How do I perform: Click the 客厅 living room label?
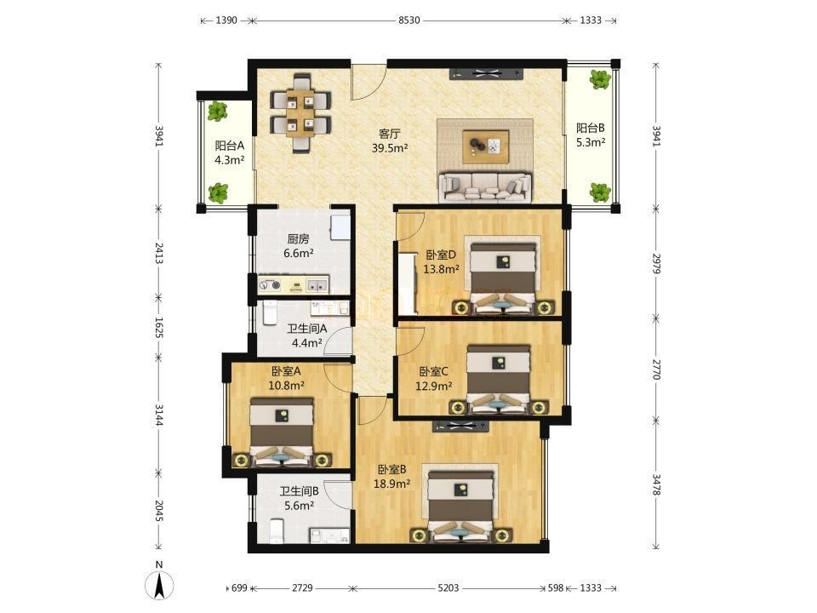(x=389, y=134)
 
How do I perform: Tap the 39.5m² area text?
(x=390, y=148)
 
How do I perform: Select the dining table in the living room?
(x=300, y=112)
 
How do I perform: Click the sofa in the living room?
(x=484, y=187)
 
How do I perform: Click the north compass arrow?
(x=159, y=585)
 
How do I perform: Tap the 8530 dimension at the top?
(x=409, y=20)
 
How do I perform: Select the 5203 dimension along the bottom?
(x=448, y=588)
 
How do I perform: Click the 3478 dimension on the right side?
(x=656, y=484)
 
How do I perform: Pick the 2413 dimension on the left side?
(x=159, y=253)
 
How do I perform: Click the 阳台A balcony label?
(x=229, y=146)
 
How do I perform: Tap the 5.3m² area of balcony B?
(x=591, y=142)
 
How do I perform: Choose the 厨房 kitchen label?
(x=298, y=238)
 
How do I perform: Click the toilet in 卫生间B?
(x=276, y=530)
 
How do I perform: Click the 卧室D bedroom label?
(x=441, y=255)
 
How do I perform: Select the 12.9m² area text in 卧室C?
(x=433, y=387)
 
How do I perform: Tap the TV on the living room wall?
(x=487, y=74)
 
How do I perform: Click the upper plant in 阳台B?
(x=600, y=79)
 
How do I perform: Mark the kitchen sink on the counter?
(x=317, y=284)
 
